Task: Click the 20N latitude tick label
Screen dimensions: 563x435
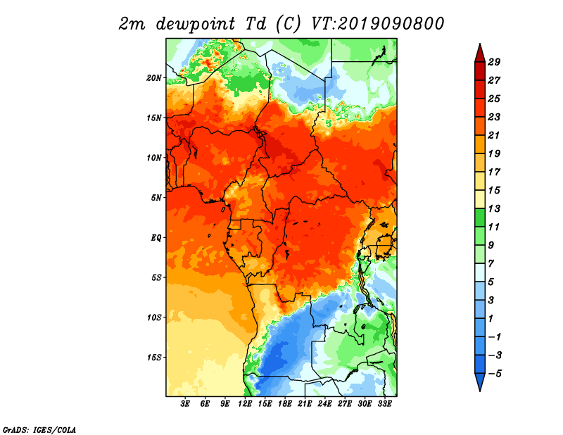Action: click(154, 77)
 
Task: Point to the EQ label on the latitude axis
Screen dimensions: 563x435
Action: click(156, 237)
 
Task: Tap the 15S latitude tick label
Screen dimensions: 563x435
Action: click(154, 358)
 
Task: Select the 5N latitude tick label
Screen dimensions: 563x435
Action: click(156, 198)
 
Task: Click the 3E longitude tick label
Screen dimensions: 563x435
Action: click(185, 403)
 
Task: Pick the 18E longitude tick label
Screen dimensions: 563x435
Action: click(285, 403)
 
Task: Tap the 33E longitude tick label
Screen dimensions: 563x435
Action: click(384, 403)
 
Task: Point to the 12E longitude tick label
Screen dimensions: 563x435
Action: click(245, 403)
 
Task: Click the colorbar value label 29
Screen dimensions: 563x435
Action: click(494, 62)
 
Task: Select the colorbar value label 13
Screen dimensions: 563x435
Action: click(494, 208)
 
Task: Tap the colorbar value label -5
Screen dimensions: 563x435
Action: click(495, 374)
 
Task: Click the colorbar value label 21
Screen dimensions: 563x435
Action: click(494, 135)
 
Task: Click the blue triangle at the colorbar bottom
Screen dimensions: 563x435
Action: click(480, 382)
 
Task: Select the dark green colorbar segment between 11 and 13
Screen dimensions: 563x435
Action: click(480, 217)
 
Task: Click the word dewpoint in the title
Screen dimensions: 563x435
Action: click(196, 24)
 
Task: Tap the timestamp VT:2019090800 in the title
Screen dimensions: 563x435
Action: click(377, 24)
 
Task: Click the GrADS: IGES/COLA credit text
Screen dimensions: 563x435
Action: click(39, 429)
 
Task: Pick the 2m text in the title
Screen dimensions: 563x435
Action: click(132, 25)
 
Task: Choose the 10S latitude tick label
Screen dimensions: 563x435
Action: click(154, 317)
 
